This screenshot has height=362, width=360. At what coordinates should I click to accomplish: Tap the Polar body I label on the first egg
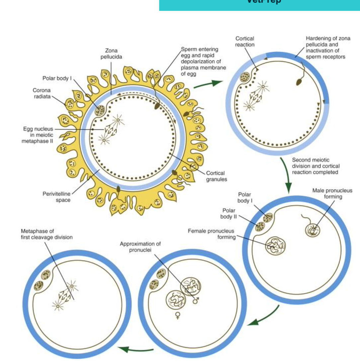(57, 78)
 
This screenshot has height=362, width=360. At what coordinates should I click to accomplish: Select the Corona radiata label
(42, 93)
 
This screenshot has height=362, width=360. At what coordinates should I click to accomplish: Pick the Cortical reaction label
(245, 41)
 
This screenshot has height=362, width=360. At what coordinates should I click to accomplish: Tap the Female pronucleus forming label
(211, 234)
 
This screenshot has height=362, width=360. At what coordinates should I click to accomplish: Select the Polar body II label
(228, 214)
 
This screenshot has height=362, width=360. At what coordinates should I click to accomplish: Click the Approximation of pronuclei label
(140, 247)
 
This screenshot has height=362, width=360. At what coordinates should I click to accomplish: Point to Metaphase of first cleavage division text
(46, 234)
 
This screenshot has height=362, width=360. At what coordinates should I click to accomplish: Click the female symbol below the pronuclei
(178, 315)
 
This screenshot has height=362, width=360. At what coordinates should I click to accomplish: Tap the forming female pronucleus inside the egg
(275, 246)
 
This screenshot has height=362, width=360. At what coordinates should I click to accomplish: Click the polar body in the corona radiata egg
(99, 111)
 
